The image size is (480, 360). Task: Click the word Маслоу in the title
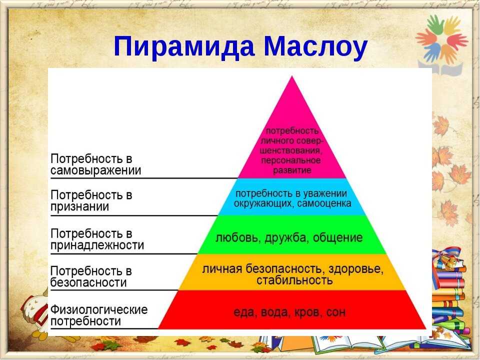tap(315, 46)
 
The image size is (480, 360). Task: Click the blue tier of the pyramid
tap(292, 197)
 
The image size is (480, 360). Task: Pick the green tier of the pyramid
tap(292, 234)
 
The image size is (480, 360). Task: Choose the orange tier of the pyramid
tap(292, 272)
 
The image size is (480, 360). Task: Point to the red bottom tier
tap(292, 310)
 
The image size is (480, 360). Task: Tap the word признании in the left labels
tap(80, 206)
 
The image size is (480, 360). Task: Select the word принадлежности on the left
tap(97, 245)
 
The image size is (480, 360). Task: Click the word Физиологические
tap(99, 309)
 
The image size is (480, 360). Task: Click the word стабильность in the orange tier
tap(294, 280)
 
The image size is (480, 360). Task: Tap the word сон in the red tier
tap(336, 312)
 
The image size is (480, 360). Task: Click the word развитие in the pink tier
tap(292, 170)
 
